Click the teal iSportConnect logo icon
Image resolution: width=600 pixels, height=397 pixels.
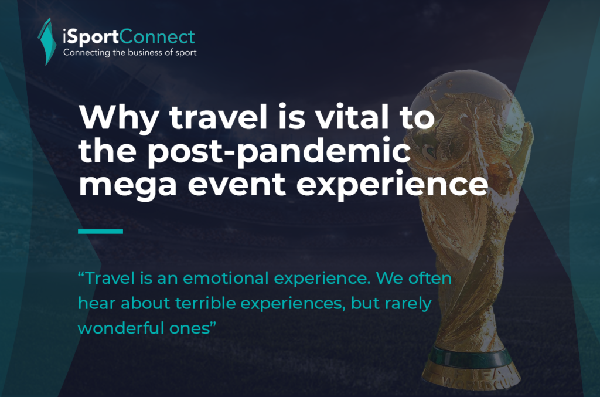tap(47, 42)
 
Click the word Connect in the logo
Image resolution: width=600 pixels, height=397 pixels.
tap(157, 37)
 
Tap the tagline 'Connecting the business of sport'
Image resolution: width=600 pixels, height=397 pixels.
tap(129, 53)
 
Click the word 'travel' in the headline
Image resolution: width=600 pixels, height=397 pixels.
tap(218, 117)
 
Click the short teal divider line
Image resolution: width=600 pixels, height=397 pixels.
tap(100, 231)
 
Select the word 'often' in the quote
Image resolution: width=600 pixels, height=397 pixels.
tap(430, 279)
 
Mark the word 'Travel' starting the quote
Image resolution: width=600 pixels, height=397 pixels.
tap(110, 279)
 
